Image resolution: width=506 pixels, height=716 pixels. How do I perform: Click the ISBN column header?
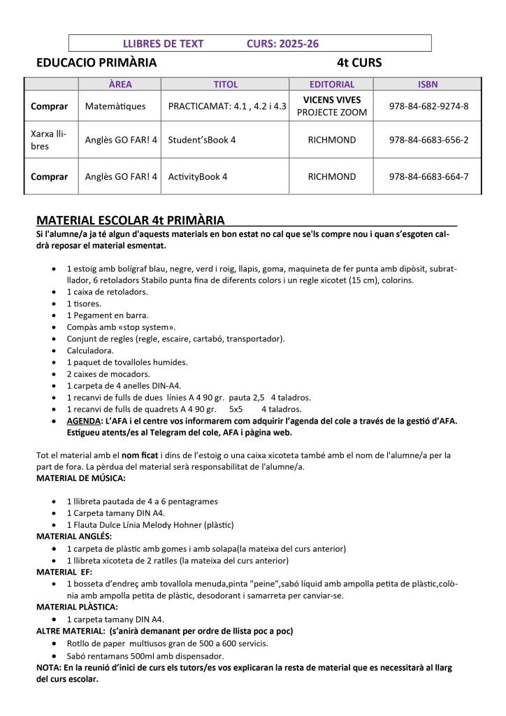[428, 84]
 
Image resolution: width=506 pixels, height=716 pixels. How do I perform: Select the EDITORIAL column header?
[331, 84]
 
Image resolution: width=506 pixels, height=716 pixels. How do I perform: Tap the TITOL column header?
[225, 84]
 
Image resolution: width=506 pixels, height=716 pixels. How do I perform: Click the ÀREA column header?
[120, 84]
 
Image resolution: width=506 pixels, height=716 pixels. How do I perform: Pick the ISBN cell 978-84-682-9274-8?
[428, 106]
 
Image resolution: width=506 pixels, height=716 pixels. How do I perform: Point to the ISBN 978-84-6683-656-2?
[428, 139]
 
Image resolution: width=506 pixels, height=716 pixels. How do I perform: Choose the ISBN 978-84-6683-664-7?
[428, 176]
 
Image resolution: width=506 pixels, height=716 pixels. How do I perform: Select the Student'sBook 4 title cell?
[202, 139]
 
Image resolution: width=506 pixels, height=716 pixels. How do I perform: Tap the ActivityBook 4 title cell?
[198, 176]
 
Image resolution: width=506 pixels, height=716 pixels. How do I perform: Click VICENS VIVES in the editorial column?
[331, 100]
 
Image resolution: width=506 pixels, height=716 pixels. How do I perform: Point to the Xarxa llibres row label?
[49, 139]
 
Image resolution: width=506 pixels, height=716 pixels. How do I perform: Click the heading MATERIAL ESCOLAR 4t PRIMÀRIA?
[130, 220]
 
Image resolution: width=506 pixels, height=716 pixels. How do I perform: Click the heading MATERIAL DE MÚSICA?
[81, 478]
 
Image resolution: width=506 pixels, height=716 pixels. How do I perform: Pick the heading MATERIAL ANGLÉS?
[74, 536]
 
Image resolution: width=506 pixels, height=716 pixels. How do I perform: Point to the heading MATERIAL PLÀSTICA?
[77, 607]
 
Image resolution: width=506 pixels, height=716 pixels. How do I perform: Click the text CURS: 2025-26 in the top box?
[282, 43]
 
